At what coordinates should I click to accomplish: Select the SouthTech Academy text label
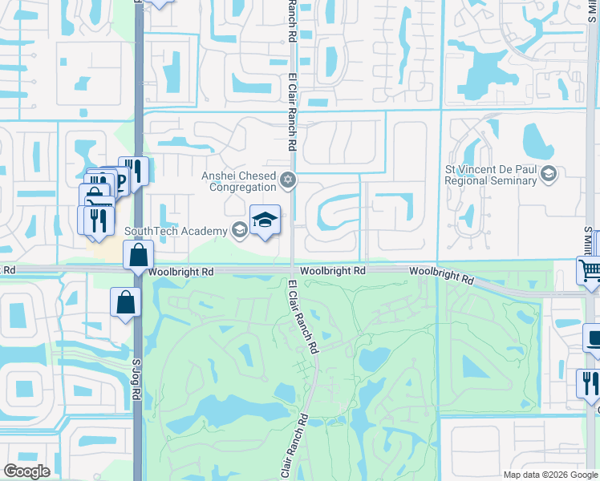176,232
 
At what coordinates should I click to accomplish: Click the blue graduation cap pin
265,219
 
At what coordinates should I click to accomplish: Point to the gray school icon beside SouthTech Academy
239,231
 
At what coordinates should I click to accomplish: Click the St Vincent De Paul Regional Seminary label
491,175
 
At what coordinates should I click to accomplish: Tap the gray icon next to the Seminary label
549,174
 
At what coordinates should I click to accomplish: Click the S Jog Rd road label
136,375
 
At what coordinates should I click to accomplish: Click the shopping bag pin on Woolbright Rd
139,257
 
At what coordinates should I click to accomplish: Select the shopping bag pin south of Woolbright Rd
126,303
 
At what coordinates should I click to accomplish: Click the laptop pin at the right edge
594,339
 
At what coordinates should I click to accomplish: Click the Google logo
26,471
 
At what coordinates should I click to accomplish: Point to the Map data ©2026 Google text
551,475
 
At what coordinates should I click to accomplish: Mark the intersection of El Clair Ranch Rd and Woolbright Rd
292,272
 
